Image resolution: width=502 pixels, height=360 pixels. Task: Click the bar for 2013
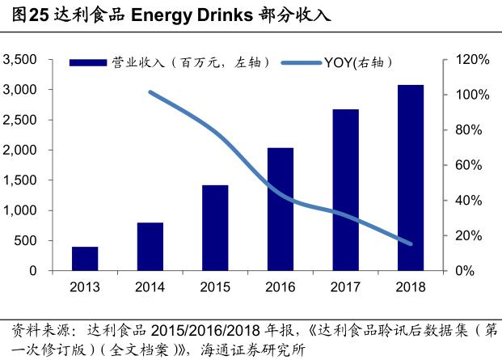click(x=85, y=259)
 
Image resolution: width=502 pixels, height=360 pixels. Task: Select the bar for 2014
click(x=150, y=247)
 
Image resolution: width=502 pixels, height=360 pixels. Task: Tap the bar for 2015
click(x=215, y=228)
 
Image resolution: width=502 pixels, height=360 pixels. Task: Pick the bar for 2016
click(x=280, y=210)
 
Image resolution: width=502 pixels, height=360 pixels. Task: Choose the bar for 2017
click(x=345, y=190)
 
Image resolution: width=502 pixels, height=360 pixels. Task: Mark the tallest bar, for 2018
click(x=411, y=178)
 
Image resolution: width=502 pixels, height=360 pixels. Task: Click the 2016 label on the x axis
click(x=280, y=287)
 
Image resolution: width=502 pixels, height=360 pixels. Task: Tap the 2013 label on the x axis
click(x=85, y=287)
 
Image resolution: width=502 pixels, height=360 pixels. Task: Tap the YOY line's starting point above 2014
click(x=151, y=92)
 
